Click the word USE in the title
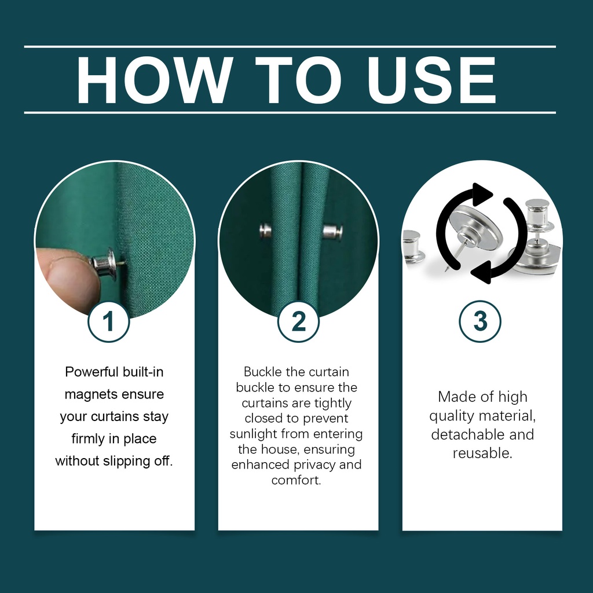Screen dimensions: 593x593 pyautogui.click(x=431, y=80)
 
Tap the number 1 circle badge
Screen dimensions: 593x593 pyautogui.click(x=108, y=321)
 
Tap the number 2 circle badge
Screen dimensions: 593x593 pyautogui.click(x=298, y=321)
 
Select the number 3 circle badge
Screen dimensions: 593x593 pyautogui.click(x=480, y=321)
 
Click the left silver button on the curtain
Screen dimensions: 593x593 pyautogui.click(x=266, y=230)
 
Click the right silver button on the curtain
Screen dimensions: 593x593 pyautogui.click(x=332, y=232)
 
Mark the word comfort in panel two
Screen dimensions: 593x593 pyautogui.click(x=296, y=480)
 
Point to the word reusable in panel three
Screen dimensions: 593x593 pyautogui.click(x=482, y=453)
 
